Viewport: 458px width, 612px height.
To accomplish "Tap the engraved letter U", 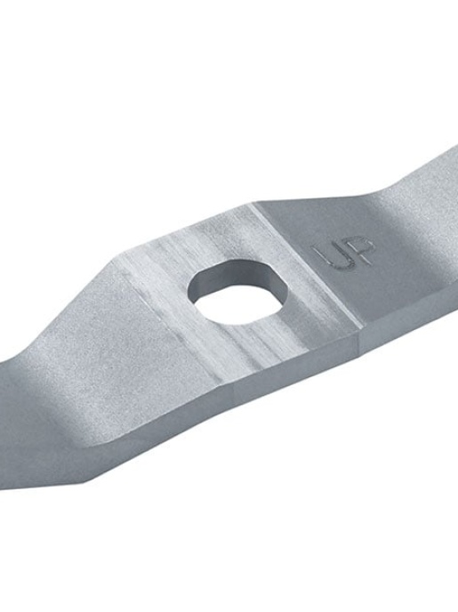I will (329, 255).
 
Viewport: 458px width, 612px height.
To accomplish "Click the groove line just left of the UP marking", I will (302, 267).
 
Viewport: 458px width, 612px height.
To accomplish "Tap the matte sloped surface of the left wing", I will (80, 356).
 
